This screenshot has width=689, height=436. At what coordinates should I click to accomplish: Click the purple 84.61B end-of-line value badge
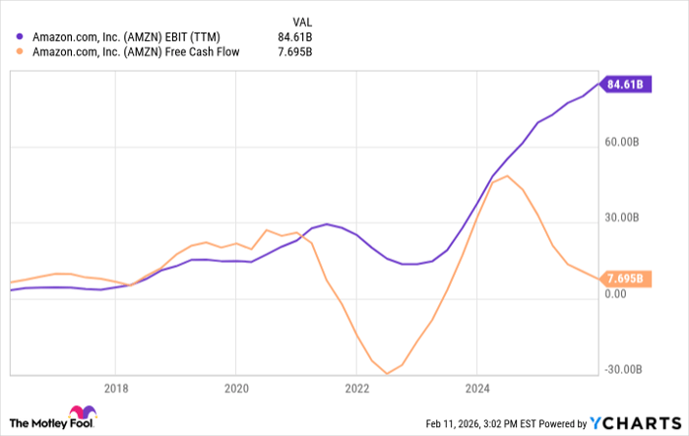pos(624,85)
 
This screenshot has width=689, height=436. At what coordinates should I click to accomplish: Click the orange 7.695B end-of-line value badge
pos(624,279)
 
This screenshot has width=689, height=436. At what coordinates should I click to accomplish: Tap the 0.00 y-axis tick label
pos(617,293)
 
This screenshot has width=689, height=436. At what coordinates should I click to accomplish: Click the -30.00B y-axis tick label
pos(624,369)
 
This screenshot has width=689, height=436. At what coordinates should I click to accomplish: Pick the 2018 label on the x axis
pos(116,388)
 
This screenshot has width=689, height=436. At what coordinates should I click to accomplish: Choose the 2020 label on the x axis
pos(236,388)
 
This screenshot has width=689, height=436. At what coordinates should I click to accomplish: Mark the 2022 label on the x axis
pos(356,388)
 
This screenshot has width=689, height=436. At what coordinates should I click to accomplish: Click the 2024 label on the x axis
pos(476,388)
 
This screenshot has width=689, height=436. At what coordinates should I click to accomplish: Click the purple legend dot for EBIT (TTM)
pos(20,36)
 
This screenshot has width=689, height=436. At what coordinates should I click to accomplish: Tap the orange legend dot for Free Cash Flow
pos(20,52)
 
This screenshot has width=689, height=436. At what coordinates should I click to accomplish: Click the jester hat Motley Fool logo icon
pos(77,415)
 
